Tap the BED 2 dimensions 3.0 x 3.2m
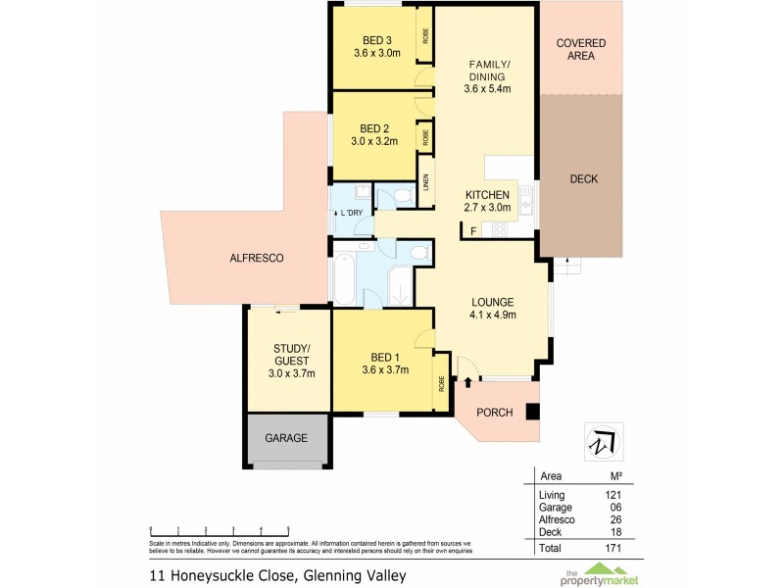click(x=377, y=141)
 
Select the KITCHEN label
click(x=486, y=194)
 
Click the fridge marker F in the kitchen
click(x=474, y=231)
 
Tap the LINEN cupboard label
click(x=426, y=182)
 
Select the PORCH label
click(x=494, y=413)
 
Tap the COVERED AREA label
click(x=581, y=49)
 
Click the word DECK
click(x=583, y=179)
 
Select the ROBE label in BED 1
click(x=442, y=383)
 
